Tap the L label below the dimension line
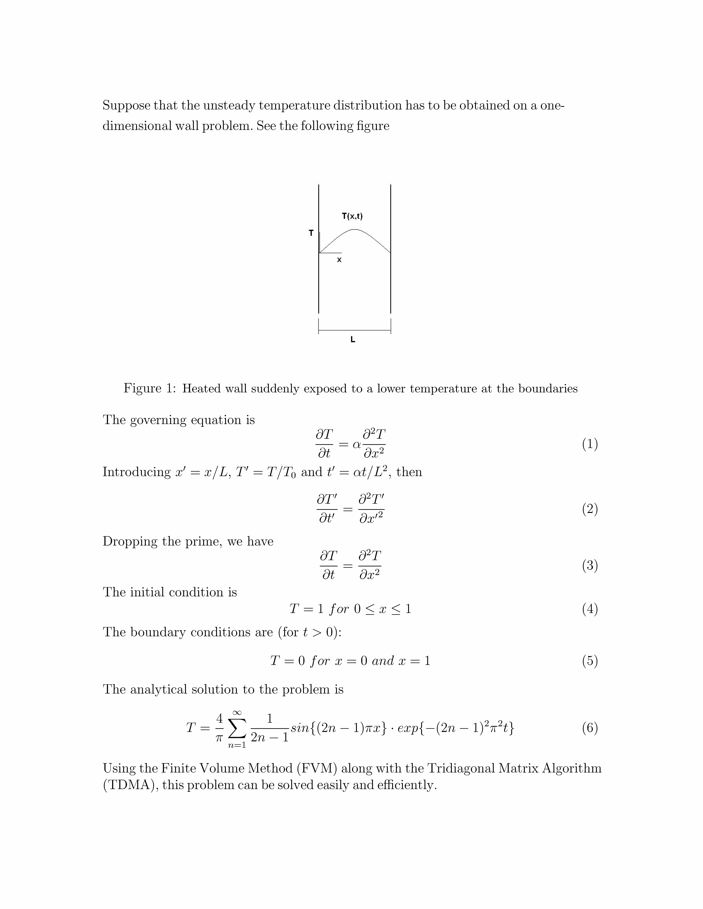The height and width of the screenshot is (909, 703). (x=353, y=340)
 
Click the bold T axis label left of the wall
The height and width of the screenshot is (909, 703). (x=311, y=233)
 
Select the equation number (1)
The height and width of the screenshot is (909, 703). (x=590, y=444)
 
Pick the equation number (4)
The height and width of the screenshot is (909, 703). (x=590, y=609)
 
